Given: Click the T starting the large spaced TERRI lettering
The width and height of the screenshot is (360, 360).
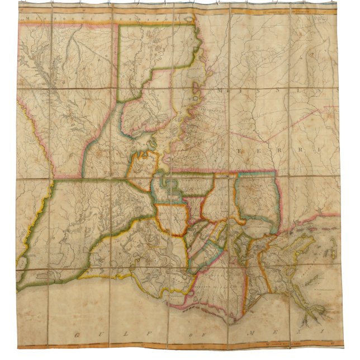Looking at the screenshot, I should pos(257,151).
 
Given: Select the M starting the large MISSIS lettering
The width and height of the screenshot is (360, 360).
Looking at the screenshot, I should pos(225,91).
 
